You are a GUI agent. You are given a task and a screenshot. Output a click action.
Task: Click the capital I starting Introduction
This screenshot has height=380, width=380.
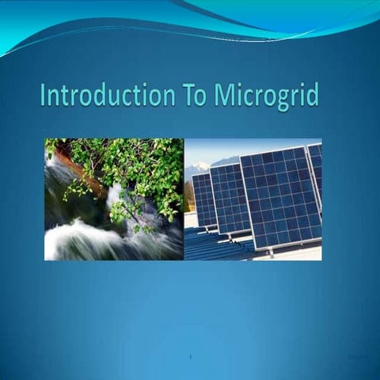click(43, 96)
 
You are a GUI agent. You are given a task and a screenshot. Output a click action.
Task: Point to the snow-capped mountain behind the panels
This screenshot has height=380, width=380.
click(196, 168)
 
